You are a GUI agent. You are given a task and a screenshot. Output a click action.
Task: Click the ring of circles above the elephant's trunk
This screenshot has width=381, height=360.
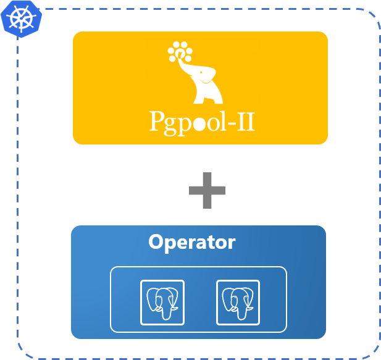coord(180,52)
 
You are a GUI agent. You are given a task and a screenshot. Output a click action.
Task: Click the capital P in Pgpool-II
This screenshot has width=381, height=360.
coord(157,121)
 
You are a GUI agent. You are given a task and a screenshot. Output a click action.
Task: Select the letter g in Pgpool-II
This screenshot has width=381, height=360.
coord(171,124)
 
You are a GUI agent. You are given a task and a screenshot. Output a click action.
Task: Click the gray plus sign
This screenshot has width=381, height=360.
coord(207,191)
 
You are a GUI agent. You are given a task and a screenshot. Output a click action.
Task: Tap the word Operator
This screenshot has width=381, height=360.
coord(191,242)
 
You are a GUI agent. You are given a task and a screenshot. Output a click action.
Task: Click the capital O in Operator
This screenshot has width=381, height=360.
coord(156,241)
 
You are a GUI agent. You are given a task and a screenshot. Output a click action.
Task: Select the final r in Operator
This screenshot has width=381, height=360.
coord(231,243)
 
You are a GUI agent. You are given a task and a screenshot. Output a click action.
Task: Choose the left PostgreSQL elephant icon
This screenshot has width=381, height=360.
coord(162,302)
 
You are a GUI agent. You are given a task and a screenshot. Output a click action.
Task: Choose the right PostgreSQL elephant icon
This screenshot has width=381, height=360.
coord(238,302)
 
